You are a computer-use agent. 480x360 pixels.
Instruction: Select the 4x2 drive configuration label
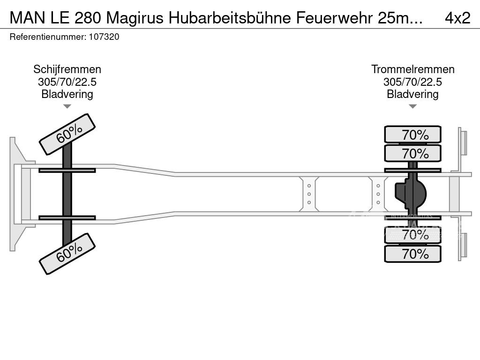click(457, 18)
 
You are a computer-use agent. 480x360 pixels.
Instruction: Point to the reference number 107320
click(104, 37)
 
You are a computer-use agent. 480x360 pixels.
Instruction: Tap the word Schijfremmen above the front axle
click(67, 69)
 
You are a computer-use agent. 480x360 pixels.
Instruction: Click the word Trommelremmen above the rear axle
click(412, 69)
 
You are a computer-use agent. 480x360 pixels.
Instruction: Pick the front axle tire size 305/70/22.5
click(67, 82)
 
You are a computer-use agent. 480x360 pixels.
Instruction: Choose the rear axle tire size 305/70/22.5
click(412, 82)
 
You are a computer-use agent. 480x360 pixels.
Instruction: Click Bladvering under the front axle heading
click(67, 94)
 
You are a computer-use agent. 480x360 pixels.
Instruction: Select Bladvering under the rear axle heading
click(412, 94)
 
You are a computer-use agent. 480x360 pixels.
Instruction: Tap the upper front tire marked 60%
click(67, 135)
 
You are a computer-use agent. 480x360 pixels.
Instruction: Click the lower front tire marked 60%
click(67, 254)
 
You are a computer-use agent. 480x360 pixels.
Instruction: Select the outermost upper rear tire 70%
click(412, 135)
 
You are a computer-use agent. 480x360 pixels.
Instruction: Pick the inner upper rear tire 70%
click(412, 153)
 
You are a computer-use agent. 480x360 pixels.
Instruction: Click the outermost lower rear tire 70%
click(412, 254)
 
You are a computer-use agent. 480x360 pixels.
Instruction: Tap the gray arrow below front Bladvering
click(67, 106)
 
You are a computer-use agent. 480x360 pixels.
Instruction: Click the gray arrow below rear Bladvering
click(412, 106)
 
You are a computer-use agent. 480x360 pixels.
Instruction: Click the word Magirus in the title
click(135, 18)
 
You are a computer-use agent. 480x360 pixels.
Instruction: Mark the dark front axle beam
click(67, 194)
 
